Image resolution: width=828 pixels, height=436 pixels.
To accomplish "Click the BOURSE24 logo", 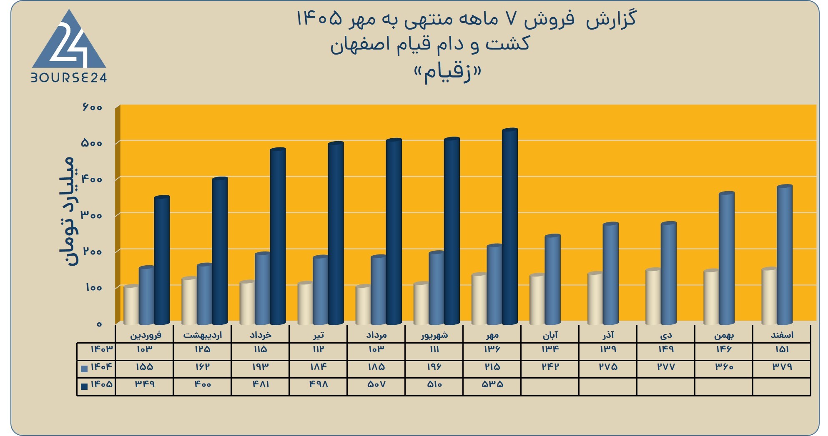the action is click(x=69, y=46).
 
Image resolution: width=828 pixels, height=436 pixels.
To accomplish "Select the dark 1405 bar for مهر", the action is click(x=510, y=227).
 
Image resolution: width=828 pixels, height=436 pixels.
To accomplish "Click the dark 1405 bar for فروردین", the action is click(x=162, y=260).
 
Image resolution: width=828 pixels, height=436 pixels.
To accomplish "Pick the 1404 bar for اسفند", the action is click(x=784, y=255).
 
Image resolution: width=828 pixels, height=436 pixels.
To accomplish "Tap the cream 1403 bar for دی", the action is click(x=653, y=296).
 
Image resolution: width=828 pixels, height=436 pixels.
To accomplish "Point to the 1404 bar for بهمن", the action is click(x=726, y=258).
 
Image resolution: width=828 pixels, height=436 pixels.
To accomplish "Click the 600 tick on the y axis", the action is click(x=92, y=107).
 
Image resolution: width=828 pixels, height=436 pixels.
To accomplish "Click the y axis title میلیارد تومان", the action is click(x=67, y=212).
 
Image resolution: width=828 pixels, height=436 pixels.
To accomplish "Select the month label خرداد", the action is click(x=260, y=335).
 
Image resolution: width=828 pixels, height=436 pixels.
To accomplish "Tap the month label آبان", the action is click(x=550, y=335).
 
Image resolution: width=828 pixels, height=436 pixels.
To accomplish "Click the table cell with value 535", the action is click(x=492, y=384).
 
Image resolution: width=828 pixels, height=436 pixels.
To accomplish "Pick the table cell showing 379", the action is click(x=782, y=367).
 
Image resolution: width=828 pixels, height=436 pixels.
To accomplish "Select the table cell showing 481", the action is click(x=260, y=384).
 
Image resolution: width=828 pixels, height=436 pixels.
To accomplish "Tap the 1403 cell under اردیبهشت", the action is click(x=202, y=349).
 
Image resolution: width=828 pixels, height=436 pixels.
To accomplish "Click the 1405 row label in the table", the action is click(x=101, y=384).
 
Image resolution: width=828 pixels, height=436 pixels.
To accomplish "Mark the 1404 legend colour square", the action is click(x=84, y=369).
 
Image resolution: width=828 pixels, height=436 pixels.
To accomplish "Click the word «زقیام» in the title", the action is click(x=447, y=73).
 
